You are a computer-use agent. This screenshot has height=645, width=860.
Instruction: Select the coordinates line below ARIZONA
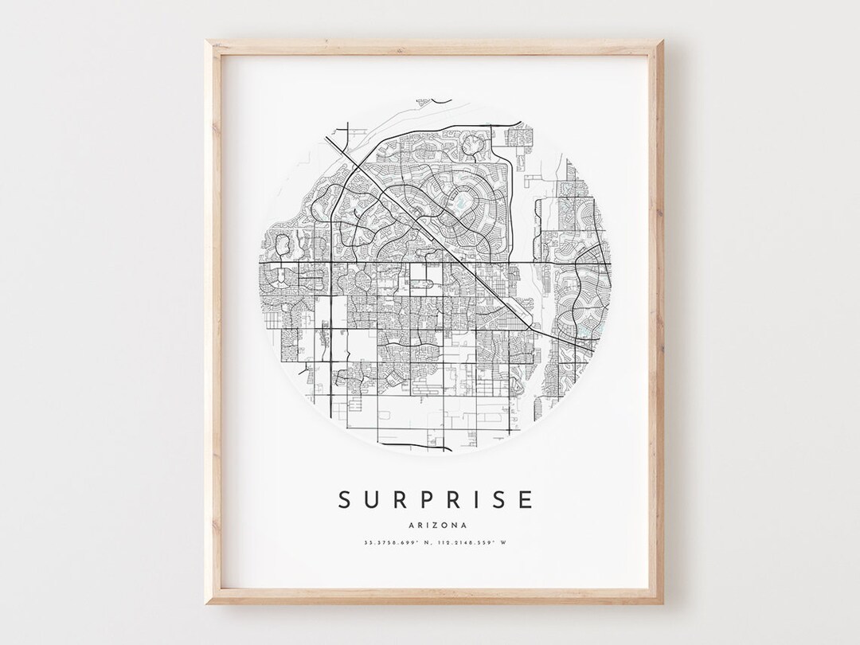tap(435, 543)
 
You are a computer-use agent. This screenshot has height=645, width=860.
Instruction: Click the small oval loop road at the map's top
tap(475, 144)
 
